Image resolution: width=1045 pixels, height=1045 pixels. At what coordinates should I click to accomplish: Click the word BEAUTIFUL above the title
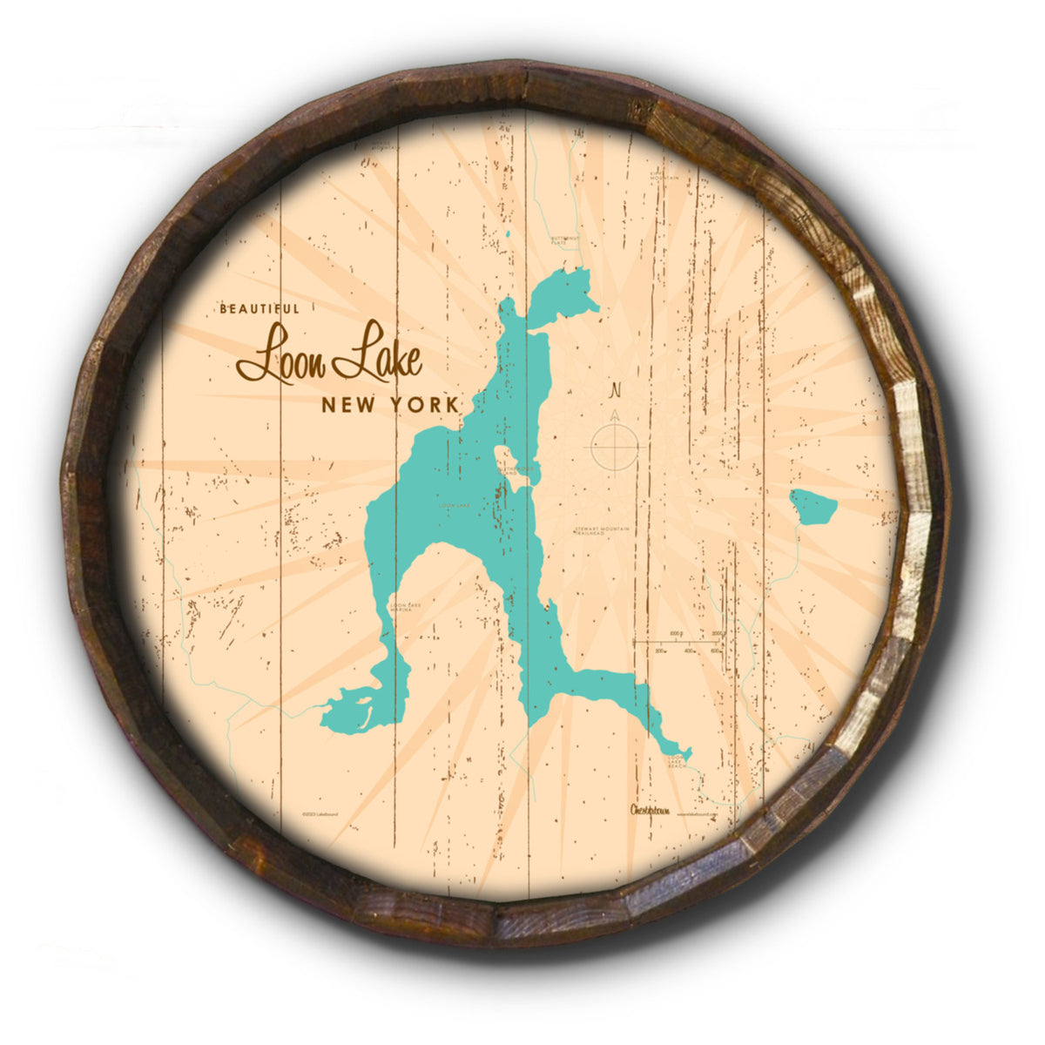tap(260, 308)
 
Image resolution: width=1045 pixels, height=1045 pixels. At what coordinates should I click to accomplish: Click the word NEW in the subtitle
tap(346, 405)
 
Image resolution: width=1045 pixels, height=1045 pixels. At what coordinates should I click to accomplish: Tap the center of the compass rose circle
tap(616, 448)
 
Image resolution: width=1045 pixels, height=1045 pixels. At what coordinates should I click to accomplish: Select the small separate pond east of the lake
tap(813, 506)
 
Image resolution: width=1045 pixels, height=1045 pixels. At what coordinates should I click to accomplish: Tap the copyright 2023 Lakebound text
tap(320, 814)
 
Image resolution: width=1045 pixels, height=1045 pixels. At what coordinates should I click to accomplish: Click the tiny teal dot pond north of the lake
tap(507, 233)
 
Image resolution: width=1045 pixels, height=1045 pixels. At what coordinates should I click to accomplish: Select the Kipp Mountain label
tap(664, 175)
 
